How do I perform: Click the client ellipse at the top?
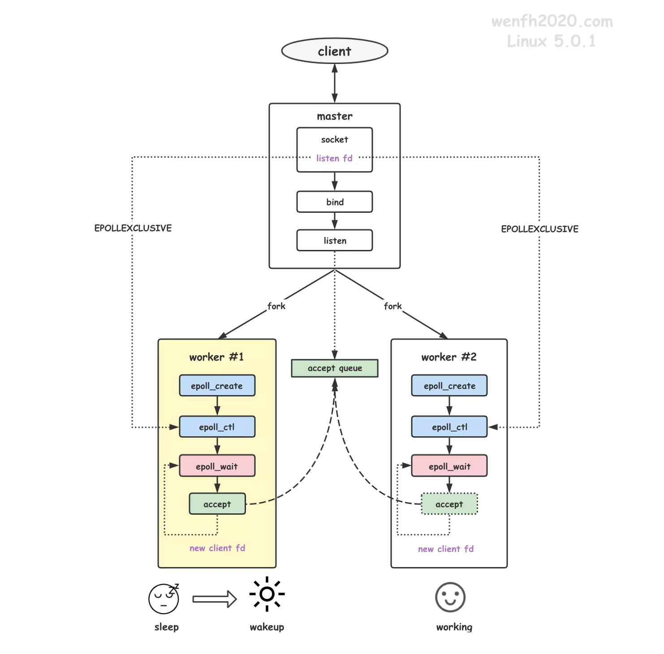pos(334,51)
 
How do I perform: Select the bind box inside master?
pos(334,202)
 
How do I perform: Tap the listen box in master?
pos(334,241)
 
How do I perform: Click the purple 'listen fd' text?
pos(334,158)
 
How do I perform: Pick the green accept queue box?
pos(334,368)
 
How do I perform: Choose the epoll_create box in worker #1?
pos(217,386)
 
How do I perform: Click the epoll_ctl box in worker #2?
pos(449,427)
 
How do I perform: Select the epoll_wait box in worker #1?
pos(217,466)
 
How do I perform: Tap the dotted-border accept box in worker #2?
pos(449,504)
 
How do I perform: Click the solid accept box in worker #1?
pos(217,504)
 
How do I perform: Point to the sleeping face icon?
pos(164,598)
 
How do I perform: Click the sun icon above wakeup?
pos(267,594)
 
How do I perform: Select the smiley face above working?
pos(450,597)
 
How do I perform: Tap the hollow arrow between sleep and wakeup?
pos(215,599)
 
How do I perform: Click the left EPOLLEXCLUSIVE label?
pos(133,228)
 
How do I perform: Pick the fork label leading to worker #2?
pos(392,306)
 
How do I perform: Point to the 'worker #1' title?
pos(216,357)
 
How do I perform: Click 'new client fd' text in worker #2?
pos(446,549)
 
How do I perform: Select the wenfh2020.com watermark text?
pos(552,22)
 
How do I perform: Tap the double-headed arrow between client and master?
pos(334,83)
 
